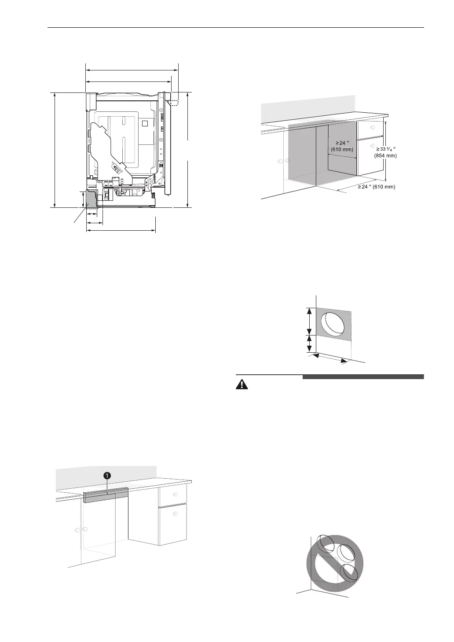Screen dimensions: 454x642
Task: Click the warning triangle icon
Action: (x=242, y=384)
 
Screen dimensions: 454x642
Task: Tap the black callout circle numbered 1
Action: (x=106, y=475)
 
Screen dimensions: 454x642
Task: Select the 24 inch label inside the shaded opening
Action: (x=342, y=146)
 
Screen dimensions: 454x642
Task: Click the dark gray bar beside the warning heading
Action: (x=363, y=376)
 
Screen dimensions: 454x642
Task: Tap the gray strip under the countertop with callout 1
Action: (x=106, y=495)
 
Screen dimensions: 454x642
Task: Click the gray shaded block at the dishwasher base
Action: (x=91, y=199)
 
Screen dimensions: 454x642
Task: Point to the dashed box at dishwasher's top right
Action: (x=174, y=102)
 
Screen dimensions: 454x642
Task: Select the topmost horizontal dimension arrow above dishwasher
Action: (x=132, y=70)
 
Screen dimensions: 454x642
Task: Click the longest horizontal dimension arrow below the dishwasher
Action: (x=121, y=230)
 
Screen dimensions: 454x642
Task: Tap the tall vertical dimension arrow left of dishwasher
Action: (x=55, y=150)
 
